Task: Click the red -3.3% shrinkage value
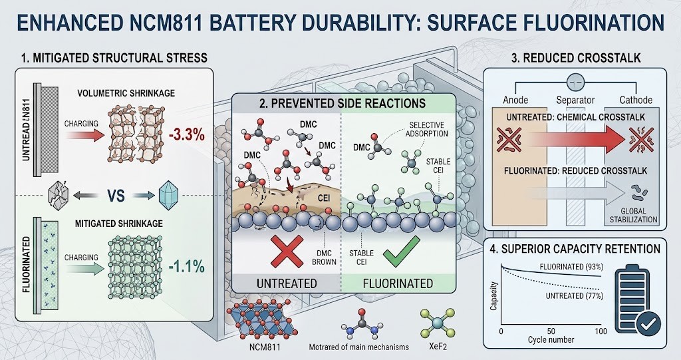186,134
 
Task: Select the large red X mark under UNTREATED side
287,252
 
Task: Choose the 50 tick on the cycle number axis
551,331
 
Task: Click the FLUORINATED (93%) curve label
571,267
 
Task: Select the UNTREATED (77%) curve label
574,296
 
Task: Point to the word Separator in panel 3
575,100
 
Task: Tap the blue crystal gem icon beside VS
168,195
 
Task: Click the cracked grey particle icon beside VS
59,195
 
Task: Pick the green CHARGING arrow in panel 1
84,269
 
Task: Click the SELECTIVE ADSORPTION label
428,130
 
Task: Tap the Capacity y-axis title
493,296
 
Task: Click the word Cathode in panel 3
636,100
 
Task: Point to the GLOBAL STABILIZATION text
634,216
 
